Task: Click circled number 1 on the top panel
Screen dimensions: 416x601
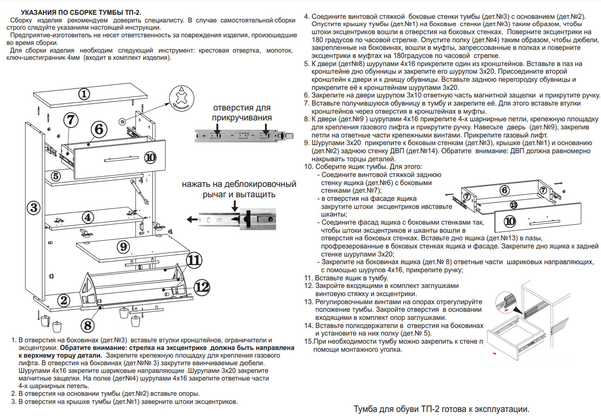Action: click(x=84, y=94)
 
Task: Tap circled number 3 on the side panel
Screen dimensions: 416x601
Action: click(x=34, y=208)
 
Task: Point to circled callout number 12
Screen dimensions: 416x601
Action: click(x=202, y=288)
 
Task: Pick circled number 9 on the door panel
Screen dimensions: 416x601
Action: click(x=123, y=247)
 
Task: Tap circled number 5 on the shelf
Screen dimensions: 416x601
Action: click(x=55, y=176)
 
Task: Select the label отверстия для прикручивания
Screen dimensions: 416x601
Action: click(x=241, y=112)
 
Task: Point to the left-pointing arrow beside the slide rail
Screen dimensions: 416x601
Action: click(x=192, y=219)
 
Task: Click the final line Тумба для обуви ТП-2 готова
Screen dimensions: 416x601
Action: click(x=441, y=410)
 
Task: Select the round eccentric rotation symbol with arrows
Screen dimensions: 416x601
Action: click(x=181, y=98)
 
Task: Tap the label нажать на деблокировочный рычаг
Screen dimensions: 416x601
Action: click(x=239, y=189)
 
